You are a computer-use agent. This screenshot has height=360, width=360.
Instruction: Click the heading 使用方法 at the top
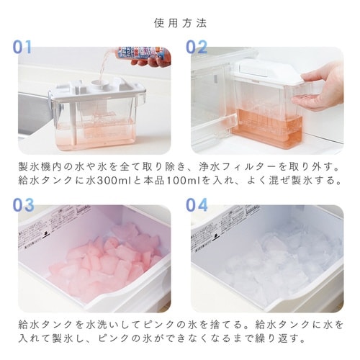(180, 22)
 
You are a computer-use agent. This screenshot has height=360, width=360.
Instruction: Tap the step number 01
(22, 47)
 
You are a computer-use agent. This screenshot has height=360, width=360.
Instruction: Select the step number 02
(197, 47)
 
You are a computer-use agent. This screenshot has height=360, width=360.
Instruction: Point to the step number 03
(22, 204)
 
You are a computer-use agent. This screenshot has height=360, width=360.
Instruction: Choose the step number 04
(197, 204)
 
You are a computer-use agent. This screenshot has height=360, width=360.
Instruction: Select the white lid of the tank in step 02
(266, 68)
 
